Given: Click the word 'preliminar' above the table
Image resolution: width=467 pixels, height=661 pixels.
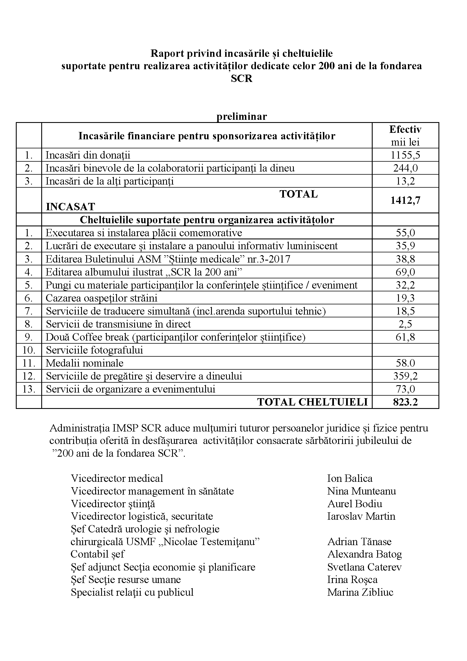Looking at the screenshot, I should (x=242, y=116).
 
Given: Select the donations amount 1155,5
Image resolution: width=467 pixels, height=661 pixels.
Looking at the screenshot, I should (x=405, y=155).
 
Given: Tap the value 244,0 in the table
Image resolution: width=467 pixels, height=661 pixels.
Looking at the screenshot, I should (x=405, y=168).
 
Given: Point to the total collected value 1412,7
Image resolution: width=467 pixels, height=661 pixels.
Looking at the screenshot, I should (x=405, y=200).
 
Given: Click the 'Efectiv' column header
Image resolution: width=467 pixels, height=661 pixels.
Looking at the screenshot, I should (x=405, y=129).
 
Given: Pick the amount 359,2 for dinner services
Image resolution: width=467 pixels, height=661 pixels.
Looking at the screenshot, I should (x=405, y=376).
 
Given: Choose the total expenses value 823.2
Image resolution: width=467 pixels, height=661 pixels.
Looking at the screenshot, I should (x=405, y=402).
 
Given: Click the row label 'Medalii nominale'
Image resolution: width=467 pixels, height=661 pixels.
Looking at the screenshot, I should (x=84, y=363).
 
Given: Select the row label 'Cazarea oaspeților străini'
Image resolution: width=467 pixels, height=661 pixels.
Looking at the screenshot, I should (x=101, y=298).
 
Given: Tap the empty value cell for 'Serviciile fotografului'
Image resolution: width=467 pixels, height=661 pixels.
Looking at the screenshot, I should (x=405, y=350).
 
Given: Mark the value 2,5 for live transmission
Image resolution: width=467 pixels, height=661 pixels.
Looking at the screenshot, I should (x=405, y=324).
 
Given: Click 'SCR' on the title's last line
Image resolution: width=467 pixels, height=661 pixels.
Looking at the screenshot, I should (x=242, y=79).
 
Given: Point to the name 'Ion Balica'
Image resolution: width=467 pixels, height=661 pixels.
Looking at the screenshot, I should (x=349, y=478).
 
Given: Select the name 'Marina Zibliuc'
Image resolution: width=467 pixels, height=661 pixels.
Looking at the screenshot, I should (x=360, y=592).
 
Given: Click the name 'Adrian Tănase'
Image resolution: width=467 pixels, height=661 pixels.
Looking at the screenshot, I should (x=359, y=541).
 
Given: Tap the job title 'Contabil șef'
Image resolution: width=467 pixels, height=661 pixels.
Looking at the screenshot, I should (x=97, y=554).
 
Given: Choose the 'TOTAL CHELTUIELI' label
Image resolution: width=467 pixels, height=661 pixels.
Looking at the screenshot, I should (x=312, y=402).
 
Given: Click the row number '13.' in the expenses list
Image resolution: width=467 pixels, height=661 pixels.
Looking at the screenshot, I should (x=29, y=389).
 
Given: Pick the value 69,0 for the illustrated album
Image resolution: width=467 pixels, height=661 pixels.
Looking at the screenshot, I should (x=405, y=272).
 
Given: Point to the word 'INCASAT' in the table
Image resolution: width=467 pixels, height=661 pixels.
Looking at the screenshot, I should (x=71, y=207).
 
